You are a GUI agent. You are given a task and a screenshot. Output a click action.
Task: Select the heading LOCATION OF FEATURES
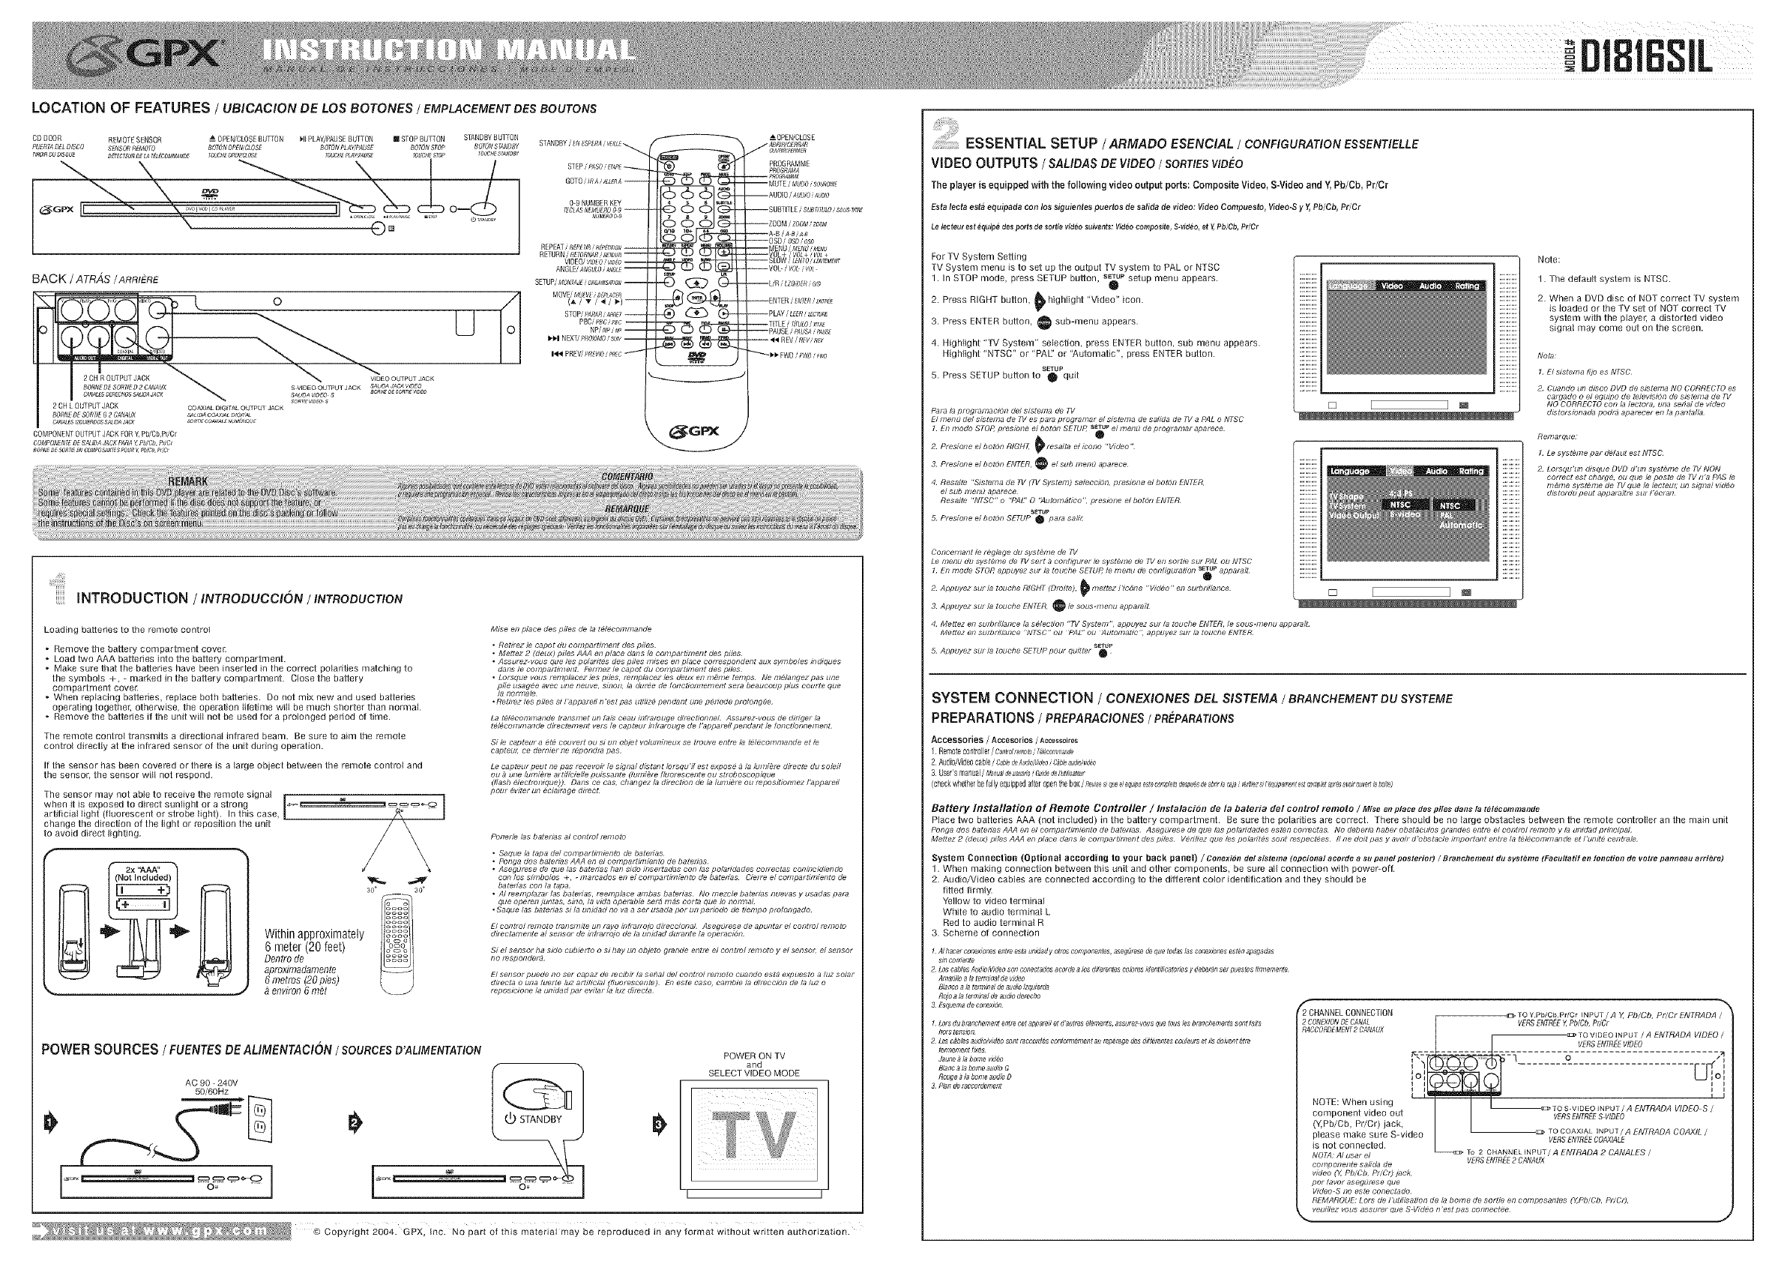coord(121,108)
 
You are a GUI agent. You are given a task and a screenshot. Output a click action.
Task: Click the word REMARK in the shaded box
coord(188,482)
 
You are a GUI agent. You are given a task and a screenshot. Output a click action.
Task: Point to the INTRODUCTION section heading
coord(132,598)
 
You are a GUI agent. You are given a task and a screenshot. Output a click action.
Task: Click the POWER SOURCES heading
coord(100,1050)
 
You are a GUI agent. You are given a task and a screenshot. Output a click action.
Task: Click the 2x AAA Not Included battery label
coord(143,873)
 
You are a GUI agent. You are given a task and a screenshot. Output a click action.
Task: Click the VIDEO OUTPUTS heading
coord(983,163)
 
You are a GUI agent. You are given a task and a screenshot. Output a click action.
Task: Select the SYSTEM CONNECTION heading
coord(1013,699)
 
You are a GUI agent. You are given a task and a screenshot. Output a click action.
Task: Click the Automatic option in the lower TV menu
coord(1460,526)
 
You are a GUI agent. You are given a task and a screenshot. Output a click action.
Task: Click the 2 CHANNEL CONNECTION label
coord(1346,1013)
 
